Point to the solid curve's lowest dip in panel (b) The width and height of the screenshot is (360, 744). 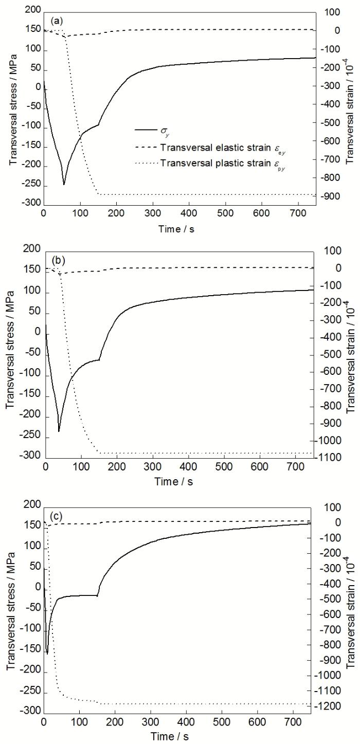[59, 431]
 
